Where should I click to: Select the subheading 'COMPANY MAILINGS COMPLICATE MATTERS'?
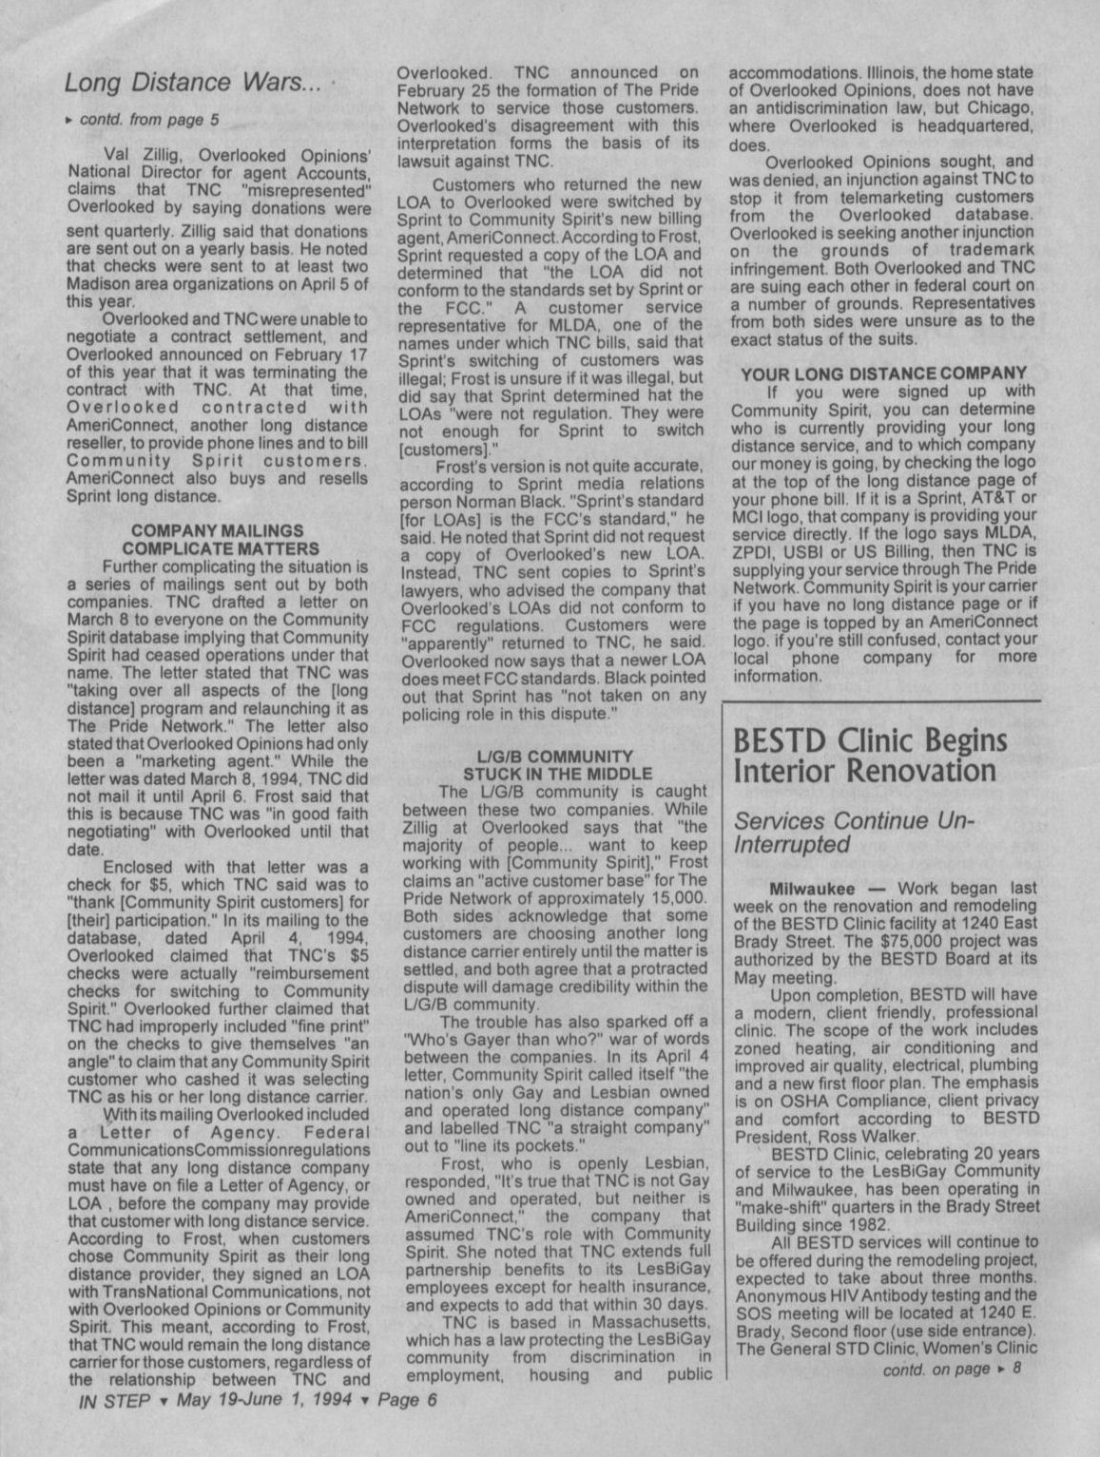point(218,540)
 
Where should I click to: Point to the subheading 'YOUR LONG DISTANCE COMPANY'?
point(883,374)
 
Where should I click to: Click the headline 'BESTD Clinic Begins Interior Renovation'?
point(869,755)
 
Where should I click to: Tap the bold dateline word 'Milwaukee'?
point(809,889)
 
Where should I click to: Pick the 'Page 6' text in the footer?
point(407,1401)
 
